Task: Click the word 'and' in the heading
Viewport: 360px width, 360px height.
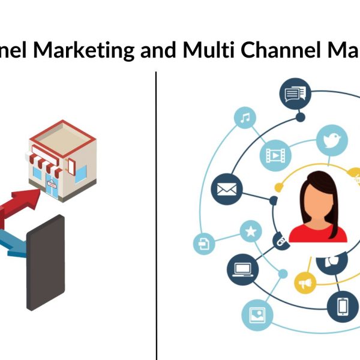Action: point(157,50)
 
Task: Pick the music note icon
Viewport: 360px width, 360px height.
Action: point(244,118)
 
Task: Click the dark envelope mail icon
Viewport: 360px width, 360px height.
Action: point(227,190)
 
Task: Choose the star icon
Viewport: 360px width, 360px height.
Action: point(250,230)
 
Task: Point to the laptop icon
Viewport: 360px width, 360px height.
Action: point(242,269)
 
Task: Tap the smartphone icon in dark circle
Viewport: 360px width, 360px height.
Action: point(343,305)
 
